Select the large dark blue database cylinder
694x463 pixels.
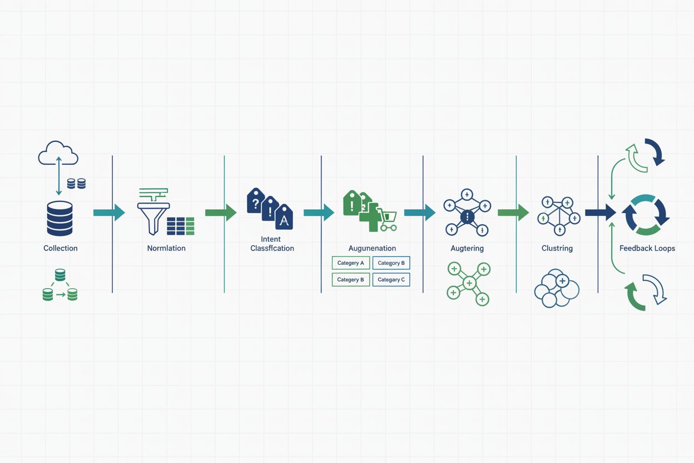pyautogui.click(x=60, y=219)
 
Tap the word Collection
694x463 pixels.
pyautogui.click(x=61, y=248)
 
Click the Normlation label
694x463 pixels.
pyautogui.click(x=166, y=248)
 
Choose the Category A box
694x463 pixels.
pyautogui.click(x=350, y=263)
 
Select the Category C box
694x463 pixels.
pyautogui.click(x=391, y=279)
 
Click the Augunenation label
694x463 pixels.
pyautogui.click(x=372, y=248)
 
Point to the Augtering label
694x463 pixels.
pyautogui.click(x=467, y=248)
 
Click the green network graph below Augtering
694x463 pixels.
pyautogui.click(x=468, y=283)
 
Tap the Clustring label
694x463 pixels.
pyautogui.click(x=557, y=248)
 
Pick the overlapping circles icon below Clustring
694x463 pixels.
pyautogui.click(x=556, y=288)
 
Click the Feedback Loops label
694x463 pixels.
pyautogui.click(x=647, y=248)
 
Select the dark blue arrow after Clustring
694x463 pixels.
pyautogui.click(x=600, y=212)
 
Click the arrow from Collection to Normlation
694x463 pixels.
pyautogui.click(x=109, y=212)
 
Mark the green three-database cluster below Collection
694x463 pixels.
pyautogui.click(x=60, y=285)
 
